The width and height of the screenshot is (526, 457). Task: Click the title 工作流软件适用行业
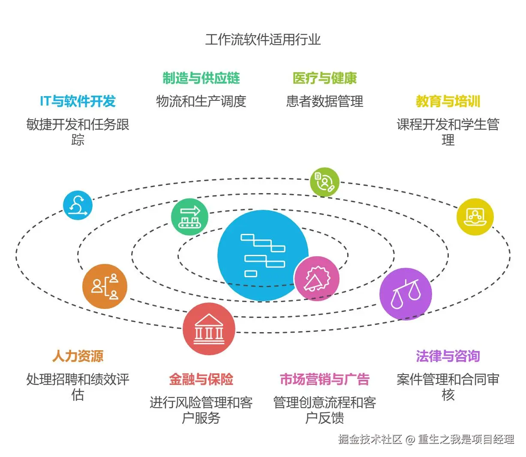click(263, 40)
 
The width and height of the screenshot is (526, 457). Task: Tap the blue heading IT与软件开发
click(78, 101)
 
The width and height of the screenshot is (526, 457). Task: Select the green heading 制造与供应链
click(201, 78)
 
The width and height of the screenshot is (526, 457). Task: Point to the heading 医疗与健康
click(325, 78)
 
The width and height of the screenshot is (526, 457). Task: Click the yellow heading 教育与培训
click(448, 101)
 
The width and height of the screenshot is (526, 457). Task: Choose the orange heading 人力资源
click(78, 356)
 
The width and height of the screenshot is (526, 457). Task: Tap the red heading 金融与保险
click(201, 379)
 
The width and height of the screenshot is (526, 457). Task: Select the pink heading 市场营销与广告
click(325, 379)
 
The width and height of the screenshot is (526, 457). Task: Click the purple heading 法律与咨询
click(448, 356)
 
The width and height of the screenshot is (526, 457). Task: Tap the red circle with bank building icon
click(209, 329)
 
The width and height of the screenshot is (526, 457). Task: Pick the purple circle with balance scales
click(406, 294)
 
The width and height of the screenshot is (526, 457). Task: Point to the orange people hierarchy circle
click(105, 286)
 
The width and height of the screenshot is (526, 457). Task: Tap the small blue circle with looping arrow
click(78, 205)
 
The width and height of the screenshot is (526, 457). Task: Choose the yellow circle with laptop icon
click(475, 217)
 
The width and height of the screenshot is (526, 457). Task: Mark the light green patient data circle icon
click(325, 182)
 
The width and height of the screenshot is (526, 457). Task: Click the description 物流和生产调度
click(201, 101)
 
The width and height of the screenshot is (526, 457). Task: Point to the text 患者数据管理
click(325, 101)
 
